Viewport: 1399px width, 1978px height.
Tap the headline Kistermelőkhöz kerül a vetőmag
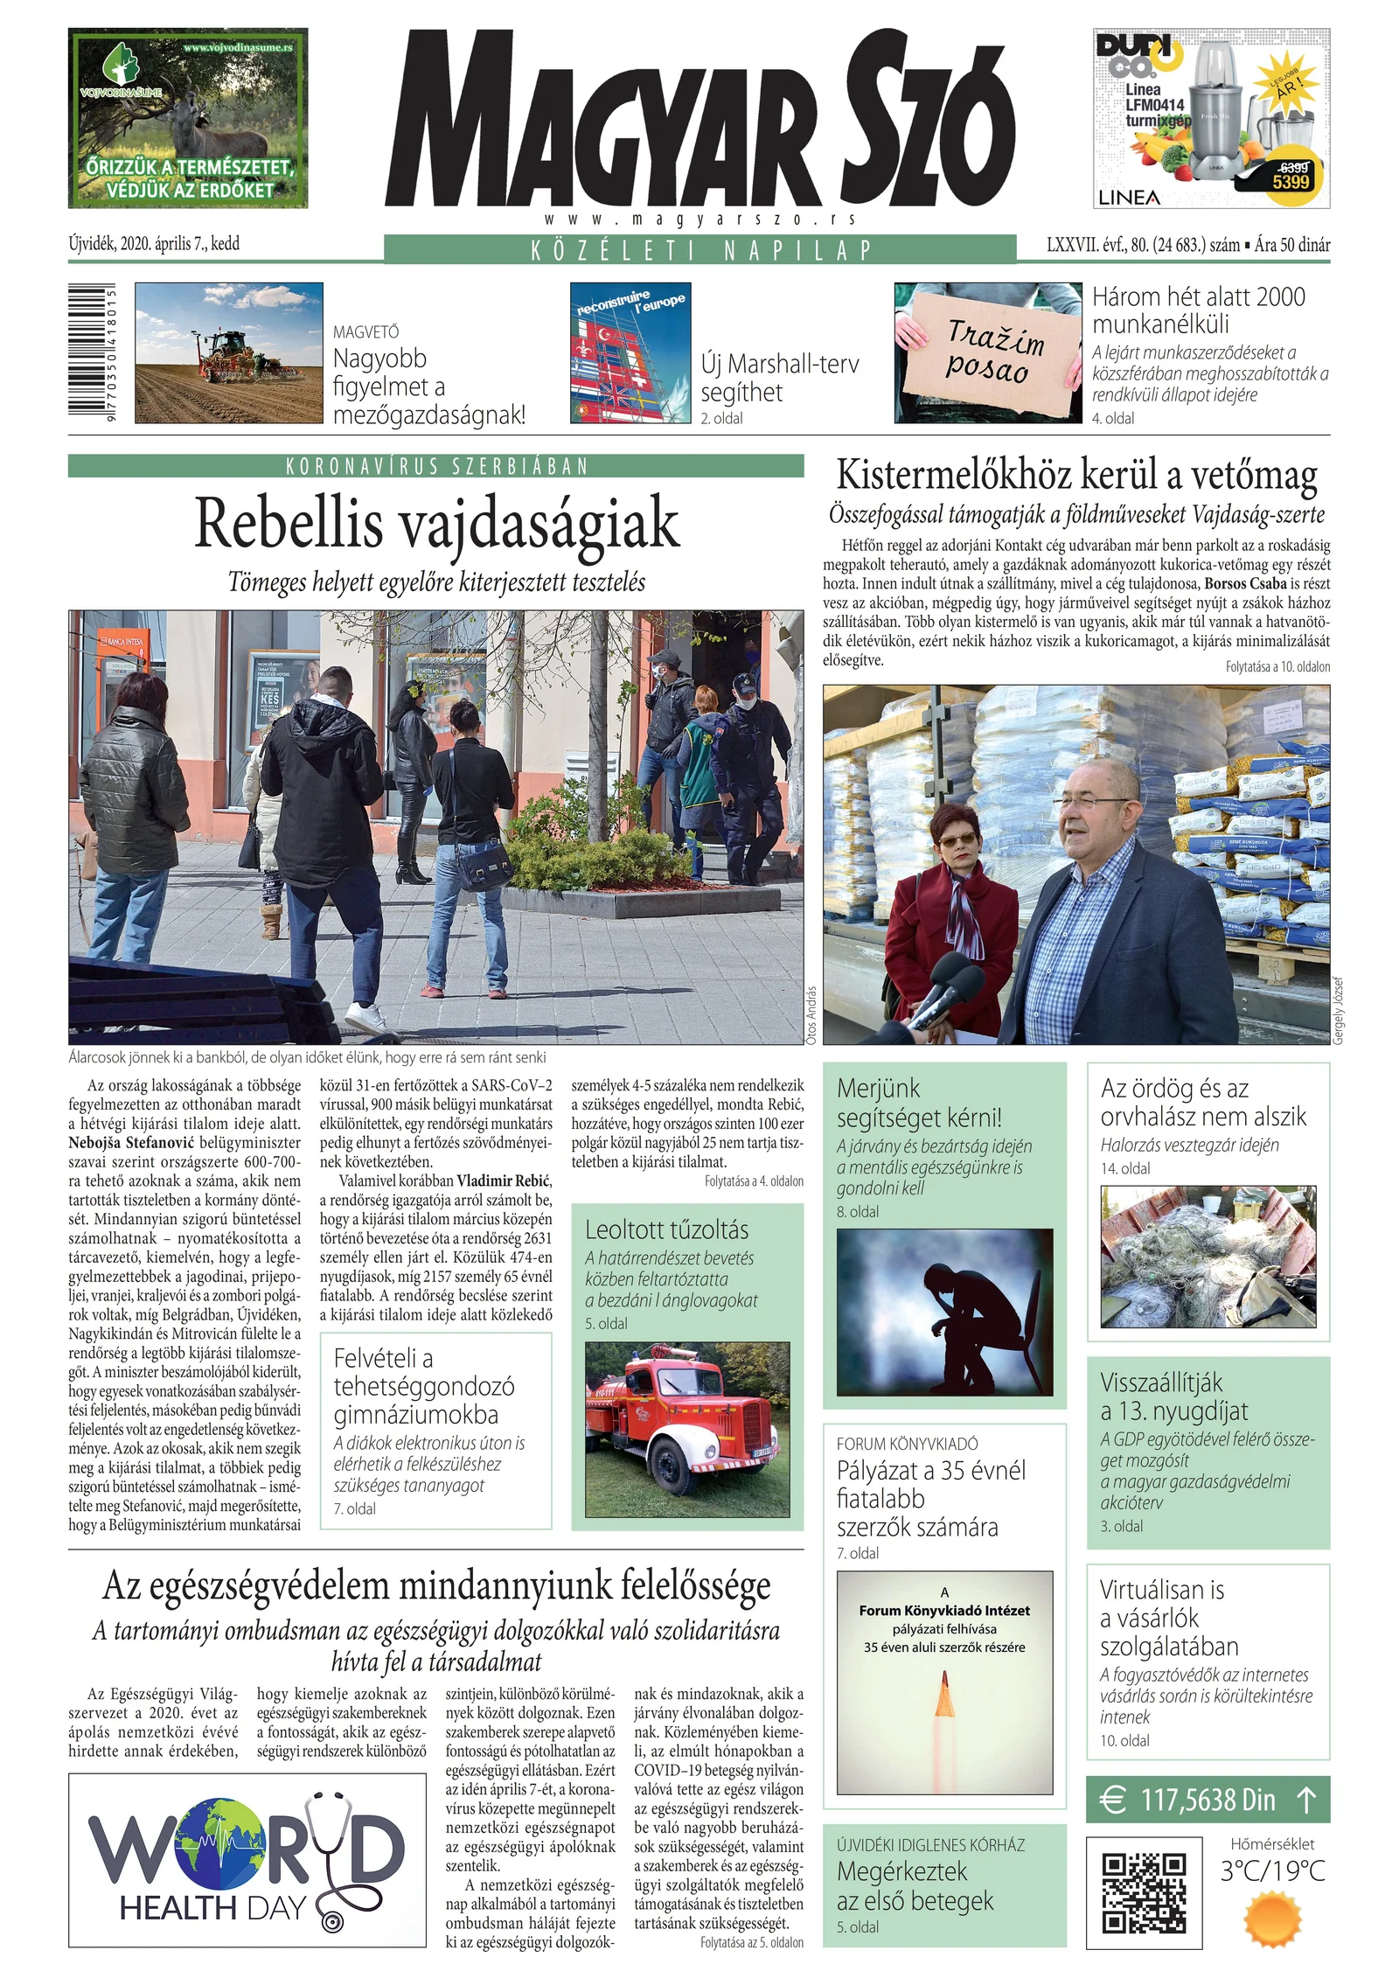1076,476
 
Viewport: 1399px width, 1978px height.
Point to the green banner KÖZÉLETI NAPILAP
699,250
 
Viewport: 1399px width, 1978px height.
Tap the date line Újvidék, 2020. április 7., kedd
154,244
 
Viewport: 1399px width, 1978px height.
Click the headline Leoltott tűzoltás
666,1229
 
